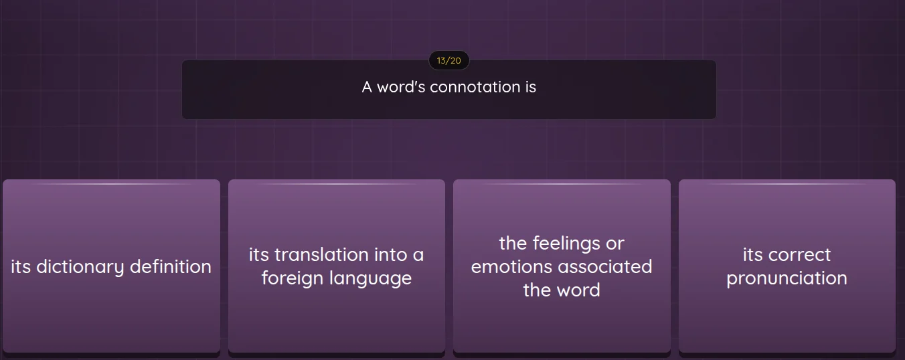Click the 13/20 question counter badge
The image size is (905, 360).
pos(448,61)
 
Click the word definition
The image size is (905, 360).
pos(171,267)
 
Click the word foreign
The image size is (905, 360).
pos(291,278)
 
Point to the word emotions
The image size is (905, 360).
pos(512,267)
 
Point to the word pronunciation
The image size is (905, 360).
pos(787,278)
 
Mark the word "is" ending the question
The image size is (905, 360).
pos(530,87)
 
